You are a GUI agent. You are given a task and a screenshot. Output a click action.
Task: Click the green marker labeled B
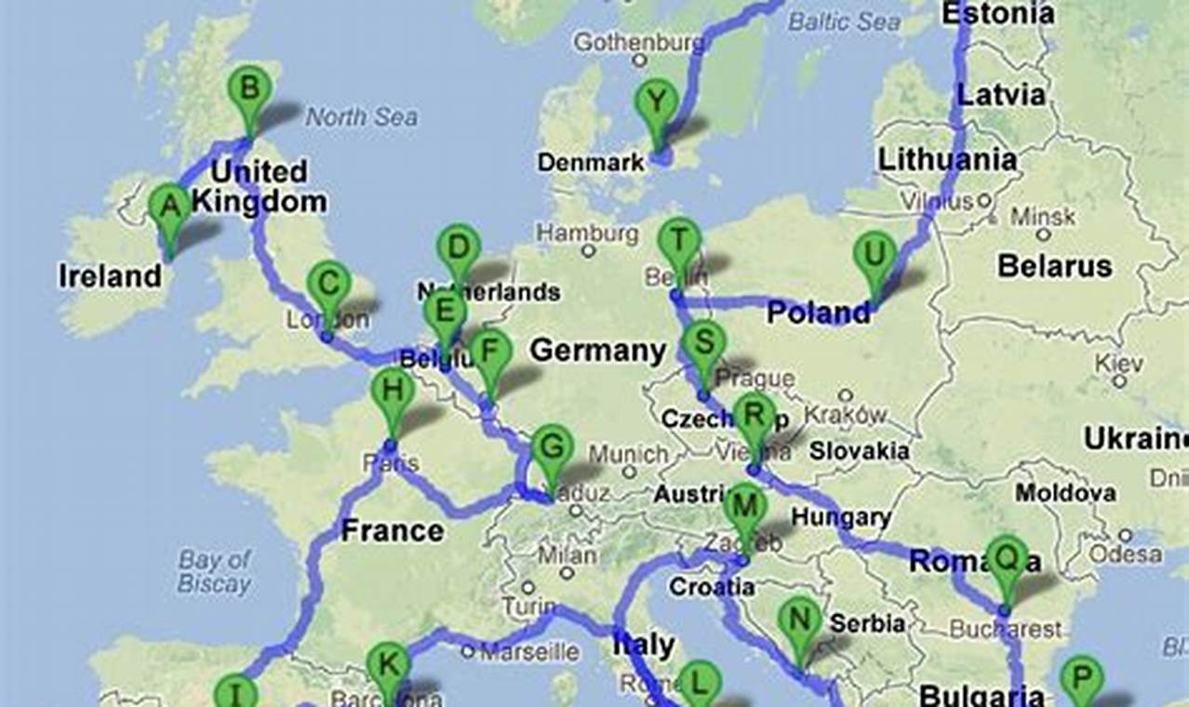tap(249, 91)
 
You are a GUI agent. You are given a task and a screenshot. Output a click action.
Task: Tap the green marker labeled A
tap(169, 207)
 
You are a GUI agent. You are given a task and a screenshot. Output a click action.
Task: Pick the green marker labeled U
tap(875, 255)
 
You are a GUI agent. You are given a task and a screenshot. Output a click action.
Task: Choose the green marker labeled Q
tap(1007, 558)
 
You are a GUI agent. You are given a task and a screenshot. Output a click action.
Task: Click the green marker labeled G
tap(552, 449)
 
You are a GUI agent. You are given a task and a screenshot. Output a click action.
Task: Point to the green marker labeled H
tap(393, 392)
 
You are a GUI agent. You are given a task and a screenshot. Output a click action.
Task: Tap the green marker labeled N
tap(800, 620)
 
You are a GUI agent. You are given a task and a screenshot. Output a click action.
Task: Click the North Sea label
tap(362, 117)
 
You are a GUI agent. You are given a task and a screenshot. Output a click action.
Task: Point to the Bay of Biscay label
tap(215, 571)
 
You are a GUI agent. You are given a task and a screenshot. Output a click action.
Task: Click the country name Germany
tap(598, 351)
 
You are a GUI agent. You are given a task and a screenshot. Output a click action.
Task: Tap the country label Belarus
tap(1055, 266)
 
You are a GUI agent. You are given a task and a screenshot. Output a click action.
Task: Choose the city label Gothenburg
tap(639, 43)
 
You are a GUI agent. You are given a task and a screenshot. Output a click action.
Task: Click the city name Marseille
tap(528, 650)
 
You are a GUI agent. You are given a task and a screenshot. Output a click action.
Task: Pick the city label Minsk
tap(1043, 217)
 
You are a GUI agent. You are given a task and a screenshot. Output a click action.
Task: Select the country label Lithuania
tap(947, 159)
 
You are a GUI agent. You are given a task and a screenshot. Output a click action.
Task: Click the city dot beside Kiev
tap(1120, 380)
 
